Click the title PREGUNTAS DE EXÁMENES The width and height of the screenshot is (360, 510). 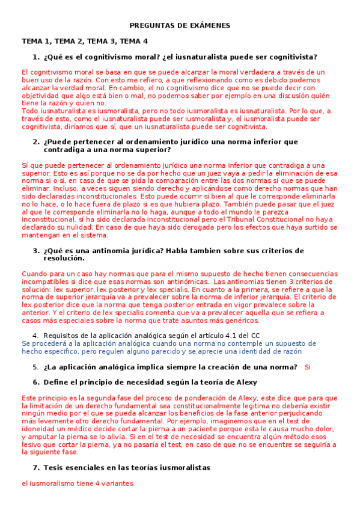(x=180, y=26)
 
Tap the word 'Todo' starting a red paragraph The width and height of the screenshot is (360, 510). (x=29, y=111)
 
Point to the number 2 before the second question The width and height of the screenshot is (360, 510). (x=35, y=142)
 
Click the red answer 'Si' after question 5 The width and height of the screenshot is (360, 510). (x=308, y=367)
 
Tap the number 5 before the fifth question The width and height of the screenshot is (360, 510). (x=35, y=367)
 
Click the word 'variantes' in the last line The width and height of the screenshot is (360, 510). (x=118, y=483)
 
